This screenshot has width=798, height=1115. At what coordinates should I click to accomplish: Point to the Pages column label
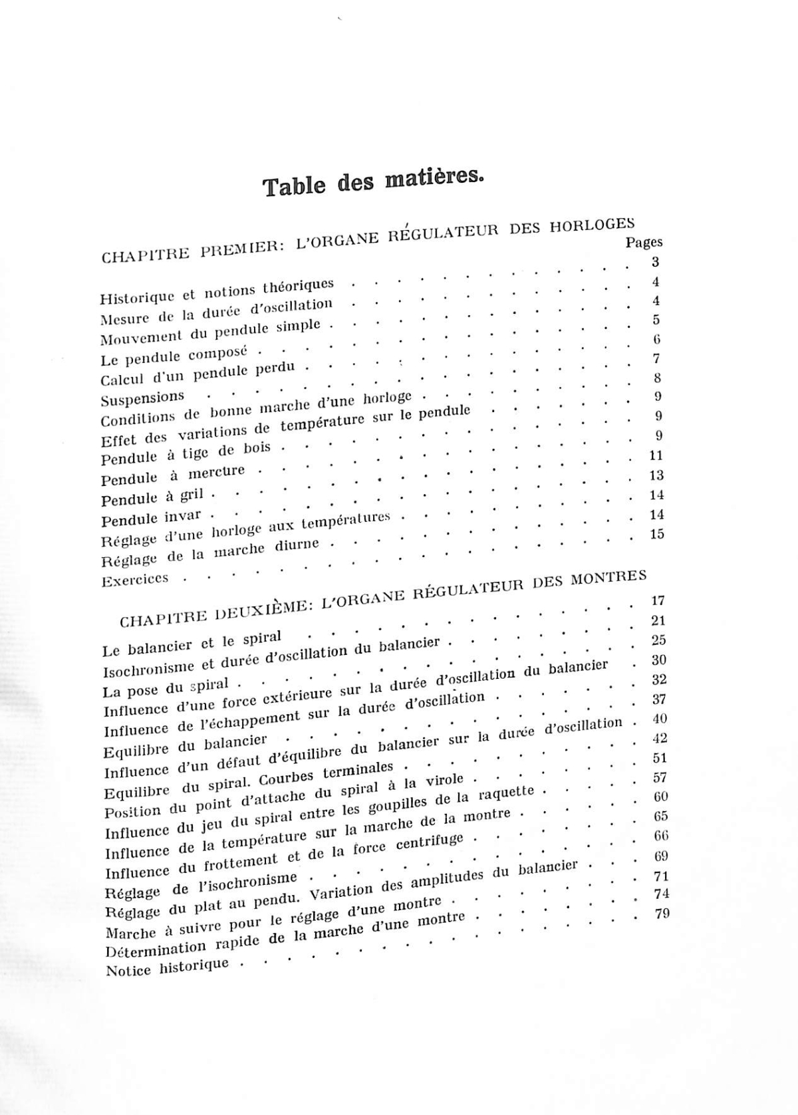coord(644,243)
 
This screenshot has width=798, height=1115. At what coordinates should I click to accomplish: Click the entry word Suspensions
coord(142,399)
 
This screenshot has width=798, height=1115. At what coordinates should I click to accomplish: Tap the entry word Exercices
coord(135,580)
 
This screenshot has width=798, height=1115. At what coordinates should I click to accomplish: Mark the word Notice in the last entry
coord(128,970)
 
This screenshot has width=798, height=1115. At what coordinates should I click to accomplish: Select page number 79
coord(662,914)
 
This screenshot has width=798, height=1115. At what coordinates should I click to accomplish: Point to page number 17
coord(657,600)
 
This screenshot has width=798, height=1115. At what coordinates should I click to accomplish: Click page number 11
coord(656,455)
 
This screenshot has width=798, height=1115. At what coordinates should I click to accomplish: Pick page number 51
coord(660,758)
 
